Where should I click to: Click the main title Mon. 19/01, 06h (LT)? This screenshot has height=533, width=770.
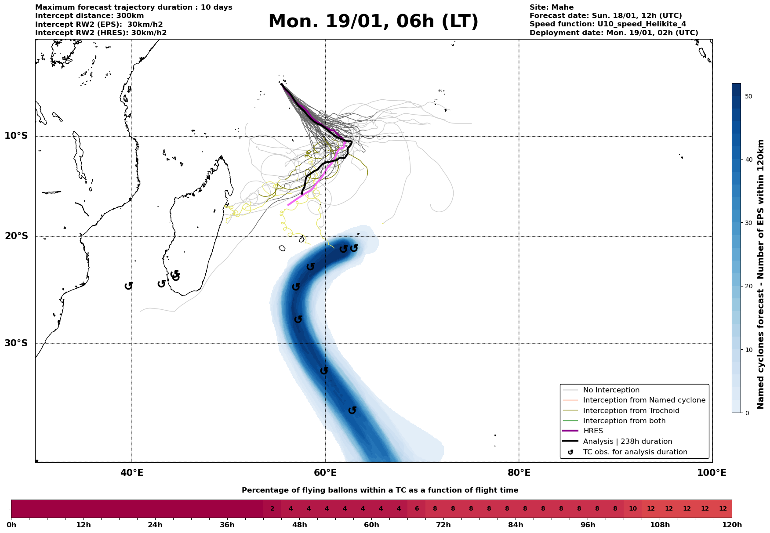(373, 22)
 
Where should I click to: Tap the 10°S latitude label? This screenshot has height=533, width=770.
(16, 136)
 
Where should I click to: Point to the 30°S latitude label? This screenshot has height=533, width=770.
(16, 343)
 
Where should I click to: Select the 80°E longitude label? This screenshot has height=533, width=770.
(519, 473)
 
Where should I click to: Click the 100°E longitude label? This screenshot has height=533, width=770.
(712, 473)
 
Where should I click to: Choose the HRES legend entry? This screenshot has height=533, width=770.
(593, 431)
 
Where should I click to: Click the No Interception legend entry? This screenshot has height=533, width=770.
(611, 390)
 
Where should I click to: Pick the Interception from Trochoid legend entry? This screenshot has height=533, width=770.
(631, 411)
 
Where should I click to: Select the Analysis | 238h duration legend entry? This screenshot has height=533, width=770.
(627, 442)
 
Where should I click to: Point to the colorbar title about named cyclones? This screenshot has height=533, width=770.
(761, 274)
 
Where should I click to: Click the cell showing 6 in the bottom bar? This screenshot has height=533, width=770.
(417, 509)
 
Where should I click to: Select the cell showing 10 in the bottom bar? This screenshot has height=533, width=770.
(633, 509)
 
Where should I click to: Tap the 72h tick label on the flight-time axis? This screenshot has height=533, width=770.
(443, 525)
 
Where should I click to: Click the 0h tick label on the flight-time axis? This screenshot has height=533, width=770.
(11, 525)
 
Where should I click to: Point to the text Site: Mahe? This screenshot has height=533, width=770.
(551, 7)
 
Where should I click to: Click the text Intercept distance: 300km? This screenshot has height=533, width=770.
(89, 16)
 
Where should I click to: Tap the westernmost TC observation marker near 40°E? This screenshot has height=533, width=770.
(128, 286)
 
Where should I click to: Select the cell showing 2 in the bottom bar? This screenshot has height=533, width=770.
(272, 509)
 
